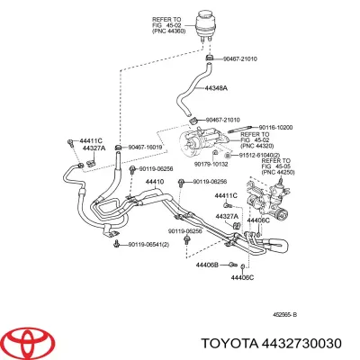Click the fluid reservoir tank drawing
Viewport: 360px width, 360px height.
pos(209,27)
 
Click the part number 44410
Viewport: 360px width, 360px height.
pos(156,182)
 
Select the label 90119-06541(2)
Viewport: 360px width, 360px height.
pos(156,244)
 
